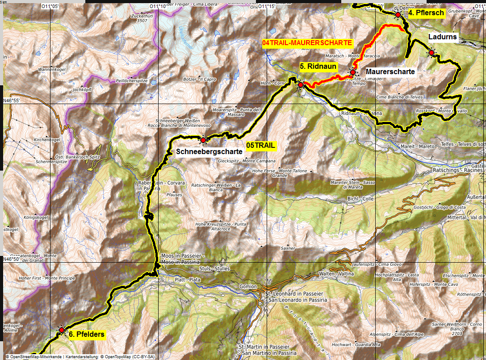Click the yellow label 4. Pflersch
point(426,13)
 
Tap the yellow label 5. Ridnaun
point(318,66)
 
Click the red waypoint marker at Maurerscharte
point(353,72)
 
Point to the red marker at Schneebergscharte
point(203,140)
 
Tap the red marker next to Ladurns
point(432,53)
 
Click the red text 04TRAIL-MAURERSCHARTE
point(307,43)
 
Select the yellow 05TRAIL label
point(261,145)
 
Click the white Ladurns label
point(443,37)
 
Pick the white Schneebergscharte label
point(209,151)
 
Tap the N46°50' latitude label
point(13,259)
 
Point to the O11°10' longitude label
point(158,6)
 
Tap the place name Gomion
point(248,286)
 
